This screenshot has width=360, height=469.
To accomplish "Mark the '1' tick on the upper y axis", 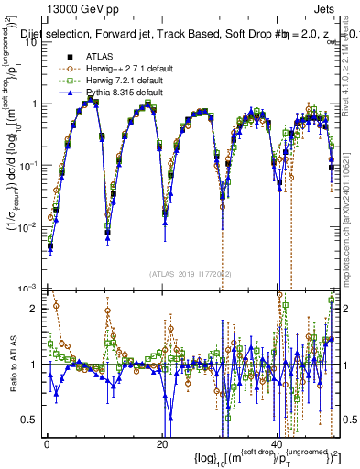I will (x=34, y=104).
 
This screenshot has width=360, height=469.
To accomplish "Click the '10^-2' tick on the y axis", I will (x=27, y=225).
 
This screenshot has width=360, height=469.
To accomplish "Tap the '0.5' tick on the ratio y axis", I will (x=30, y=420).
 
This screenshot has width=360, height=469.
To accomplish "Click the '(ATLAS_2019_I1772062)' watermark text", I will (x=191, y=274).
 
